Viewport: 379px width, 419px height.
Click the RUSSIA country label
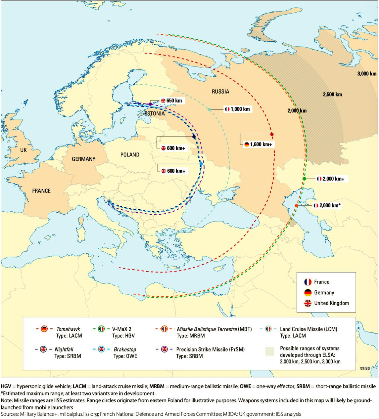pos(220,92)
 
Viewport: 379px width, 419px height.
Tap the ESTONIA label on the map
pos(155,113)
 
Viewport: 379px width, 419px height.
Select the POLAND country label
pos(130,155)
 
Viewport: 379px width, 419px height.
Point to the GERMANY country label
pos(83,159)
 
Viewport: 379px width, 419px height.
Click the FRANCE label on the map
pos(41,191)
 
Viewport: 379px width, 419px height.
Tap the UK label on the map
pos(24,150)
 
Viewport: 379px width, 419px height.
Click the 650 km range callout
pos(171,101)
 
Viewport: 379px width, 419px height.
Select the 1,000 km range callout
pos(237,109)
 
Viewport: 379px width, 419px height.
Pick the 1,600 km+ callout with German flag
pos(258,144)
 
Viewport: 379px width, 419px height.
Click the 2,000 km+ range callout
pos(330,179)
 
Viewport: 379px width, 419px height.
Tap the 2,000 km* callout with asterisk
pos(327,205)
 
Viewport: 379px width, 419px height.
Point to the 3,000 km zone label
pos(366,73)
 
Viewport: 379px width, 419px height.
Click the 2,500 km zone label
pos(332,95)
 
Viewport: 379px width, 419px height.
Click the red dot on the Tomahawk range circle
pos(272,134)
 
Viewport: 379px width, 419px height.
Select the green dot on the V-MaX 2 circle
pos(304,179)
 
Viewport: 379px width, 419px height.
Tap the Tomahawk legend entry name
pos(68,329)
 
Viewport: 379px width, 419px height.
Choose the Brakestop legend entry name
pos(125,349)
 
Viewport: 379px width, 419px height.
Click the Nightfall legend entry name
pos(64,349)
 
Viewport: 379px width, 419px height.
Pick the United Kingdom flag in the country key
pos(308,303)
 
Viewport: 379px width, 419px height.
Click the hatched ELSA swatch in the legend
pos(270,352)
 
